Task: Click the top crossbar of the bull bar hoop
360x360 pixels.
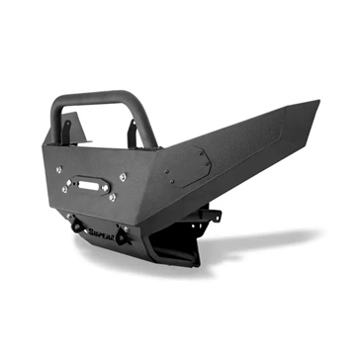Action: pos(99,97)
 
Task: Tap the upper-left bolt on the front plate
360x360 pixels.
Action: pos(57,170)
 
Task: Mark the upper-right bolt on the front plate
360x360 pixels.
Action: pos(123,176)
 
